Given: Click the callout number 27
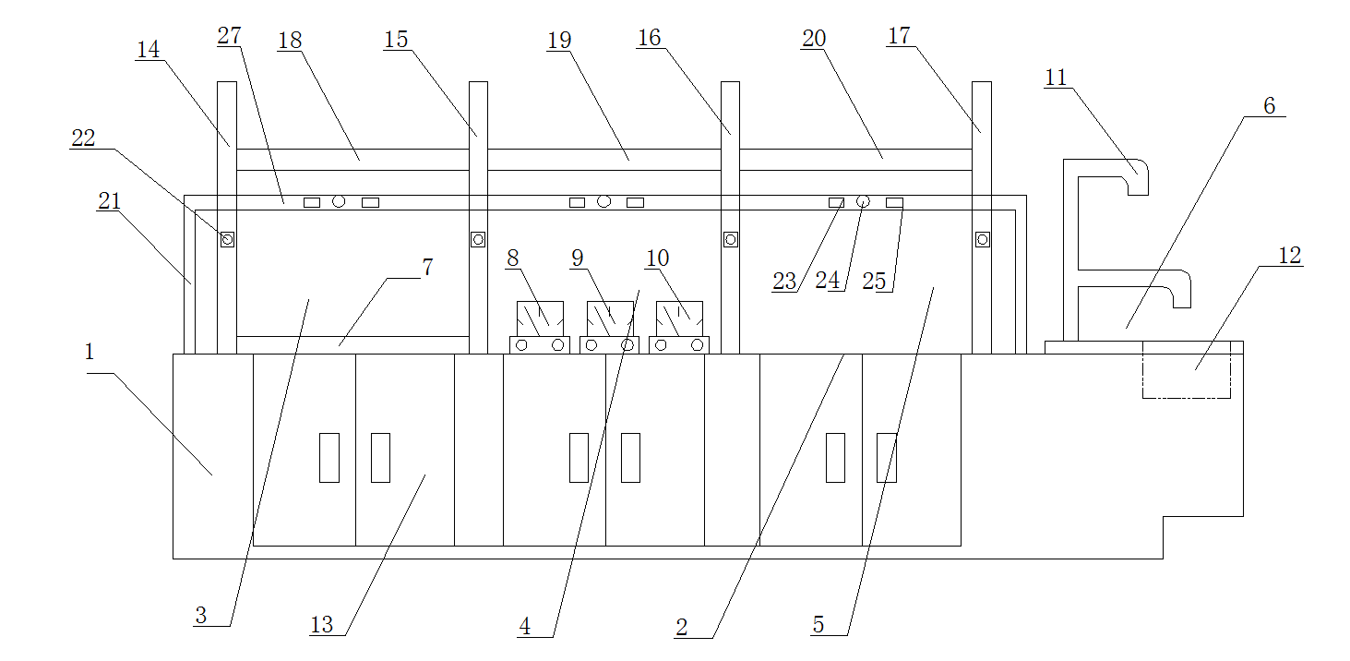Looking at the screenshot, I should click(x=229, y=36).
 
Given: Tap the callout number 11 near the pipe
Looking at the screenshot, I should click(x=1056, y=78).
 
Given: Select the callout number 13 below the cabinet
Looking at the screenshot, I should click(x=321, y=625).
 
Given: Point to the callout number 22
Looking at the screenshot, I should click(x=83, y=138).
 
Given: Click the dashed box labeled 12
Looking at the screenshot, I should click(x=1187, y=369).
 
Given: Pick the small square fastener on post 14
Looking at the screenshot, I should click(x=227, y=240).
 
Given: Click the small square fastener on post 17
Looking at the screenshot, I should click(x=983, y=240).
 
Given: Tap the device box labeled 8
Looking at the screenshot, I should click(x=540, y=318).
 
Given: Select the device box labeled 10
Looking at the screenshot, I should click(x=679, y=318).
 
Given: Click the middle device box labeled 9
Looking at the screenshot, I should click(x=610, y=318).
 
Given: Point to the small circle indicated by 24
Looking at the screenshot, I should click(x=864, y=201).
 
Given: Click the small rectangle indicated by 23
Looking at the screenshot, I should click(x=836, y=202).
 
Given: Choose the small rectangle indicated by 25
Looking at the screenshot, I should click(x=894, y=202).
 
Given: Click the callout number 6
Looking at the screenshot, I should click(x=1270, y=106).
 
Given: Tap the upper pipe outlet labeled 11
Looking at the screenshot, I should click(x=1138, y=177).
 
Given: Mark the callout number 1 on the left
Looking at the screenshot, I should click(x=90, y=352).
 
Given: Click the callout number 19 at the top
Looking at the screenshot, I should click(x=559, y=41).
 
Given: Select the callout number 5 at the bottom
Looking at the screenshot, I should click(x=818, y=625).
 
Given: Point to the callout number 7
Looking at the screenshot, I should click(x=427, y=268).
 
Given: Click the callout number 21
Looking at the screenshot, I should click(x=109, y=201).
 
